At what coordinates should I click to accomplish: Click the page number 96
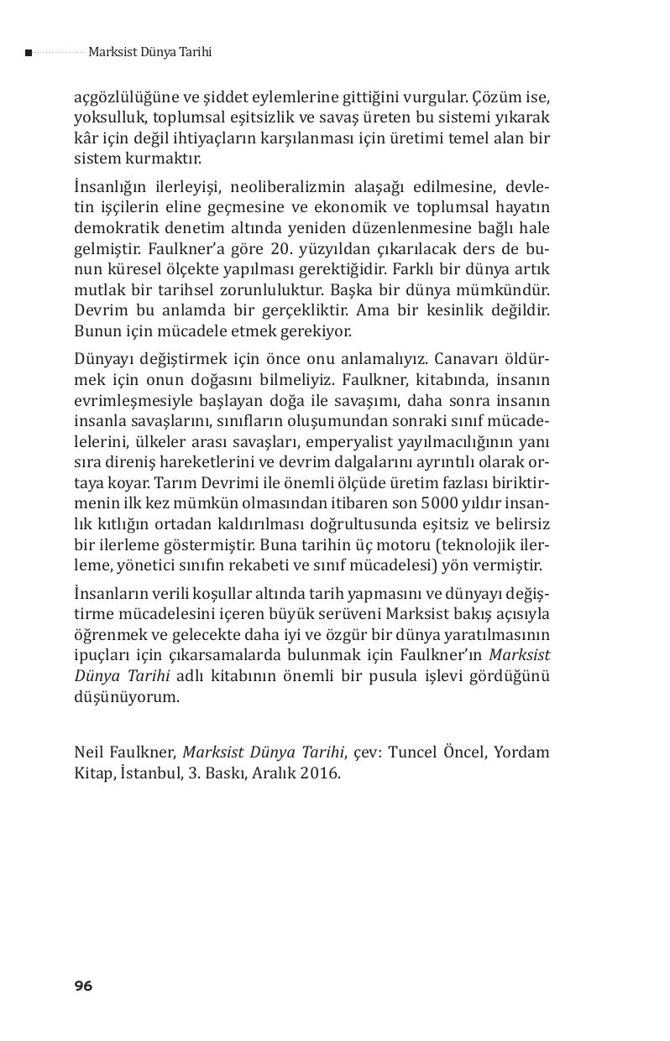tap(83, 986)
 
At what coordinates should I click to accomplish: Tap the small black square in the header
tap(29, 53)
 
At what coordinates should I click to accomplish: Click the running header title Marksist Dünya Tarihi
tap(149, 52)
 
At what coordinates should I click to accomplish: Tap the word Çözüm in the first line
tap(495, 97)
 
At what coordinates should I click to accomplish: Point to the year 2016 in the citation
tap(318, 773)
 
